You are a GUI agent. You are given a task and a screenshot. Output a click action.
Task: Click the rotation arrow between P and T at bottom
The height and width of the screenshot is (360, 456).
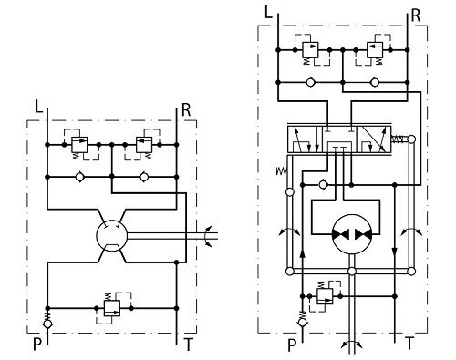[350, 345]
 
